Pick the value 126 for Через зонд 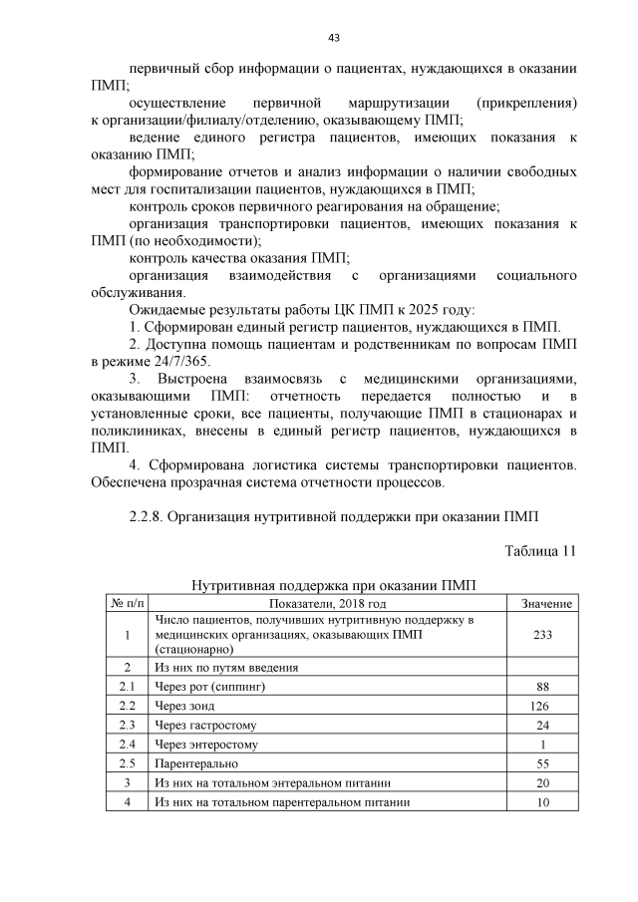click(x=543, y=706)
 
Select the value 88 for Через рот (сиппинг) click(x=543, y=686)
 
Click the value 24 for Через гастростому click(x=543, y=725)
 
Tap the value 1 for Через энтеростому click(x=543, y=745)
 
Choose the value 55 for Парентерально click(x=543, y=763)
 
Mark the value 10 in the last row click(x=543, y=803)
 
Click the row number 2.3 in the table click(x=127, y=725)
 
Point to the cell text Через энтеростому click(x=206, y=745)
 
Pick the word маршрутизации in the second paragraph click(x=400, y=103)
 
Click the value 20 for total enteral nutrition click(x=543, y=783)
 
